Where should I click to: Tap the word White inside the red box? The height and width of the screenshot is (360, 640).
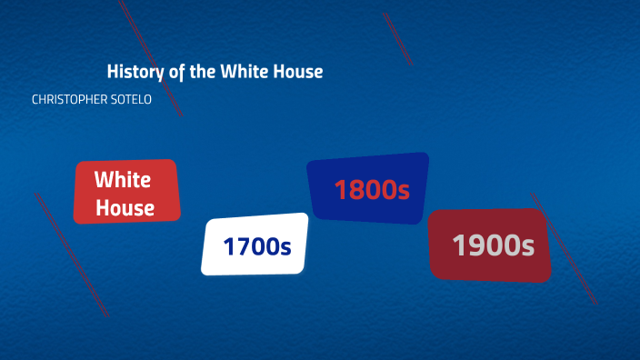pos(123,179)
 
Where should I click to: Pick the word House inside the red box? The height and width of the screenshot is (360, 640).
pos(125,208)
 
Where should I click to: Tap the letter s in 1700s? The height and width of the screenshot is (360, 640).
pos(285,247)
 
